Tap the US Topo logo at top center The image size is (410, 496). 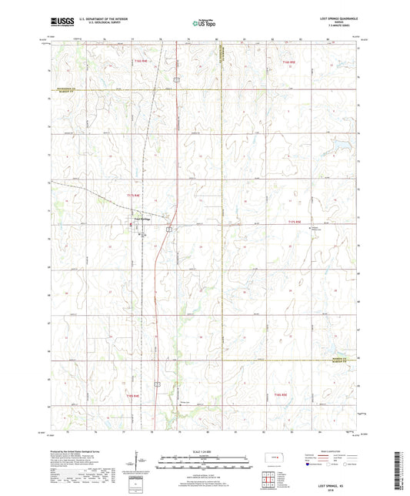coord(202,24)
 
